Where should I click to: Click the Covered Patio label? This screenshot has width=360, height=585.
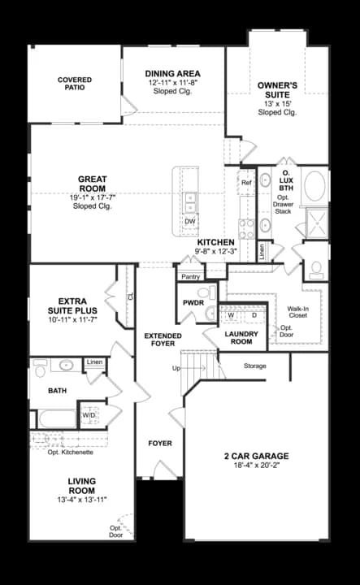[74, 84]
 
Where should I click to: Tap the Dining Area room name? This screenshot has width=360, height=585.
[172, 73]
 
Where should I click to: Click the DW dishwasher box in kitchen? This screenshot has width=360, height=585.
[189, 221]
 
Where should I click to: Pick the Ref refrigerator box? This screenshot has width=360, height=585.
[247, 183]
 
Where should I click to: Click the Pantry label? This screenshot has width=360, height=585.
[191, 277]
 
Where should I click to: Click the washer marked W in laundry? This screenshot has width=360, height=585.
[232, 314]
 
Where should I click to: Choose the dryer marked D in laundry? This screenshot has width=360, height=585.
[253, 314]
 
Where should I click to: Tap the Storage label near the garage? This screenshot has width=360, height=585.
[254, 366]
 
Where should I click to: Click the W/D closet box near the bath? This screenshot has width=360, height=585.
[89, 415]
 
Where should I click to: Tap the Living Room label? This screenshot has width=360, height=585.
[82, 485]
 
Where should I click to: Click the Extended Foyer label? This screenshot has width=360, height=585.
[163, 340]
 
